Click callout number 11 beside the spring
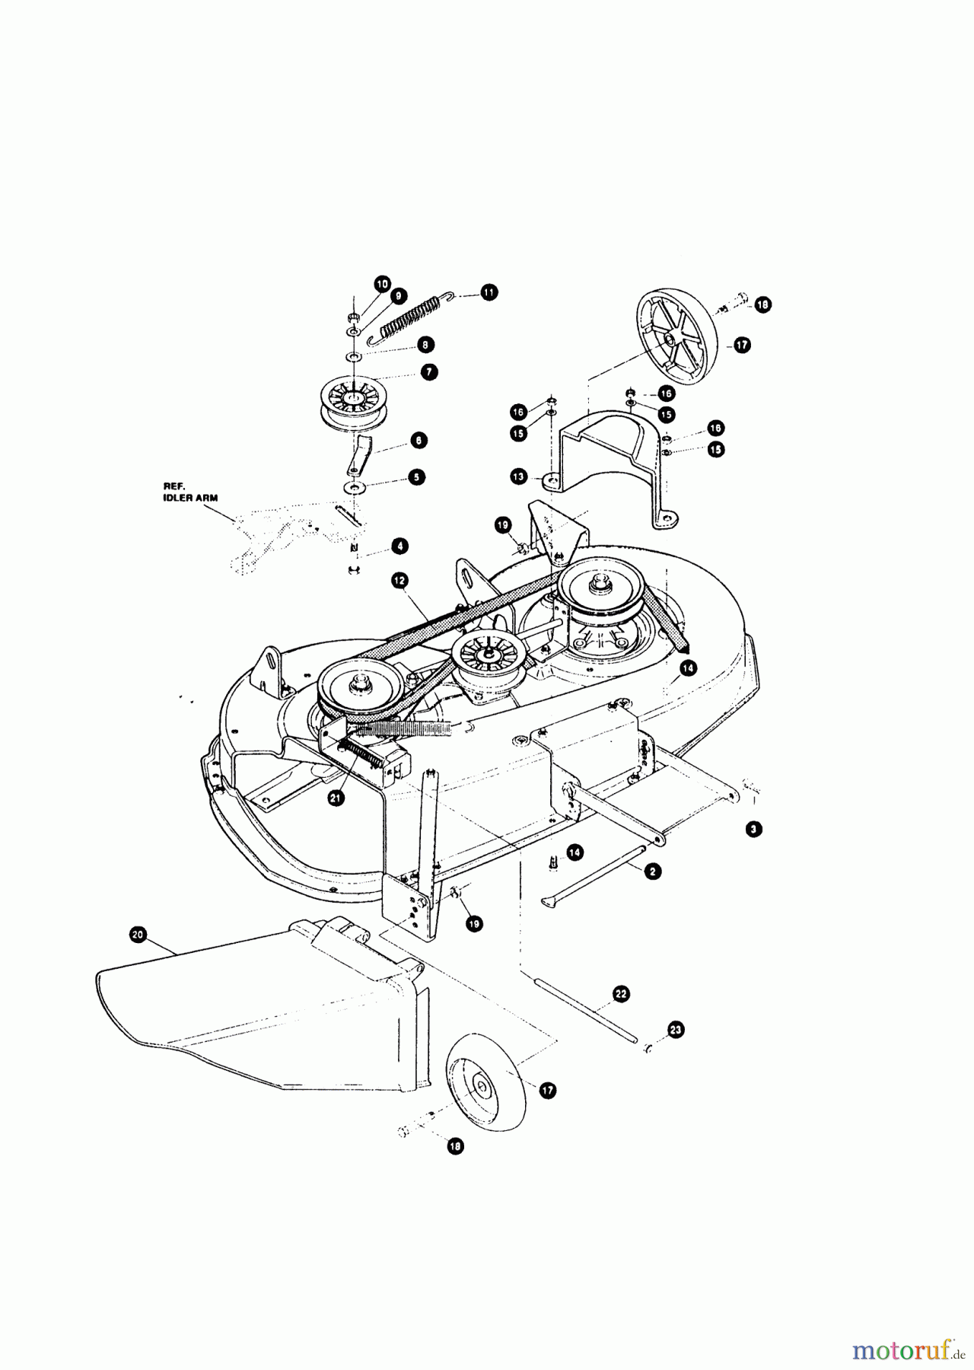point(489,292)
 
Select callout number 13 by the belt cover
point(518,476)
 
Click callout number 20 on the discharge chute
point(138,935)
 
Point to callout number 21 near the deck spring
point(336,798)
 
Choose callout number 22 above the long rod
point(622,993)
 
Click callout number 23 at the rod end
point(676,1030)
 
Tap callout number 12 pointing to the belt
point(399,580)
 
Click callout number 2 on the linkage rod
point(651,872)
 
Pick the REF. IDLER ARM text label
point(191,491)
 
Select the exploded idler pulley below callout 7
point(354,406)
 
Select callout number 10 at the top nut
point(382,283)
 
